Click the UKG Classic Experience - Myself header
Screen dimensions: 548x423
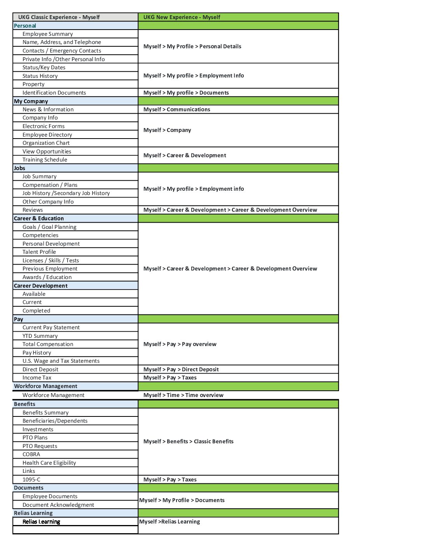[x=59, y=17]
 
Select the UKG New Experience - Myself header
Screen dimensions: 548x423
[x=182, y=17]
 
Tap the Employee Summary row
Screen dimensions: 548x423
[x=48, y=34]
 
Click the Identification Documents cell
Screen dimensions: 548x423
[x=54, y=93]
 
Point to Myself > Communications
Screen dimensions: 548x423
[x=177, y=109]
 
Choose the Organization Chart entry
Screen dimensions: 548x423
[x=46, y=143]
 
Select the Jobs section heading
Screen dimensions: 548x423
[x=19, y=168]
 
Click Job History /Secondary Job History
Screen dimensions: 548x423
[x=66, y=193]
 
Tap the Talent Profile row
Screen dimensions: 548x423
[x=39, y=252]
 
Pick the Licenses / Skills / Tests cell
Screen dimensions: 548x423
[x=51, y=260]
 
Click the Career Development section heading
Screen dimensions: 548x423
[x=41, y=286]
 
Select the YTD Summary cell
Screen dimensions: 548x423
[x=40, y=336]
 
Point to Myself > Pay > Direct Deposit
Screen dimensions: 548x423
[x=181, y=369]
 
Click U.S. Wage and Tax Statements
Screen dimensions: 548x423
[x=61, y=361]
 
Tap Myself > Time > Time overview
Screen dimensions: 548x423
[x=184, y=395]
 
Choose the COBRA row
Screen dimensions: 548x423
[x=31, y=454]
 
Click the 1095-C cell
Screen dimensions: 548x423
[x=31, y=479]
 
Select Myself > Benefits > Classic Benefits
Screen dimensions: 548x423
[x=189, y=441]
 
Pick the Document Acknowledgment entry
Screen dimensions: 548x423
[x=58, y=505]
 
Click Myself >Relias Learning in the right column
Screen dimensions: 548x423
[x=170, y=522]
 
